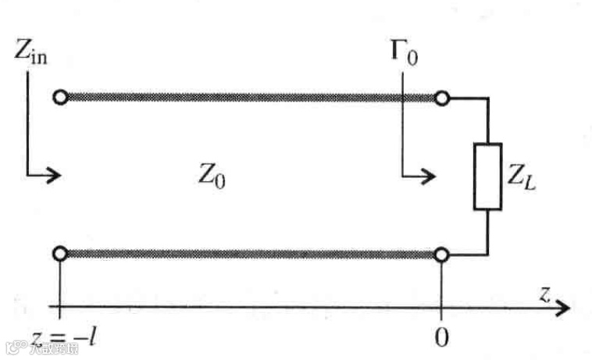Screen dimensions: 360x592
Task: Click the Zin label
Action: [30, 53]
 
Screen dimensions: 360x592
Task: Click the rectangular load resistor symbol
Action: [487, 176]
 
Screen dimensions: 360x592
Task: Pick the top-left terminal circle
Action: [59, 98]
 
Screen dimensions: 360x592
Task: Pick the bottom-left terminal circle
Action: [59, 253]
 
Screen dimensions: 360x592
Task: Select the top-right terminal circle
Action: [442, 98]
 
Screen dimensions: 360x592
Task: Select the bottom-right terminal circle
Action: [442, 254]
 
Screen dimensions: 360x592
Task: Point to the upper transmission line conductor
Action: [250, 98]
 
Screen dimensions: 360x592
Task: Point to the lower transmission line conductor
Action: [250, 253]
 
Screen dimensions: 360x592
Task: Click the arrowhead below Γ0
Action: [429, 175]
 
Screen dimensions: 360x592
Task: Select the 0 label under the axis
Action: [442, 337]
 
